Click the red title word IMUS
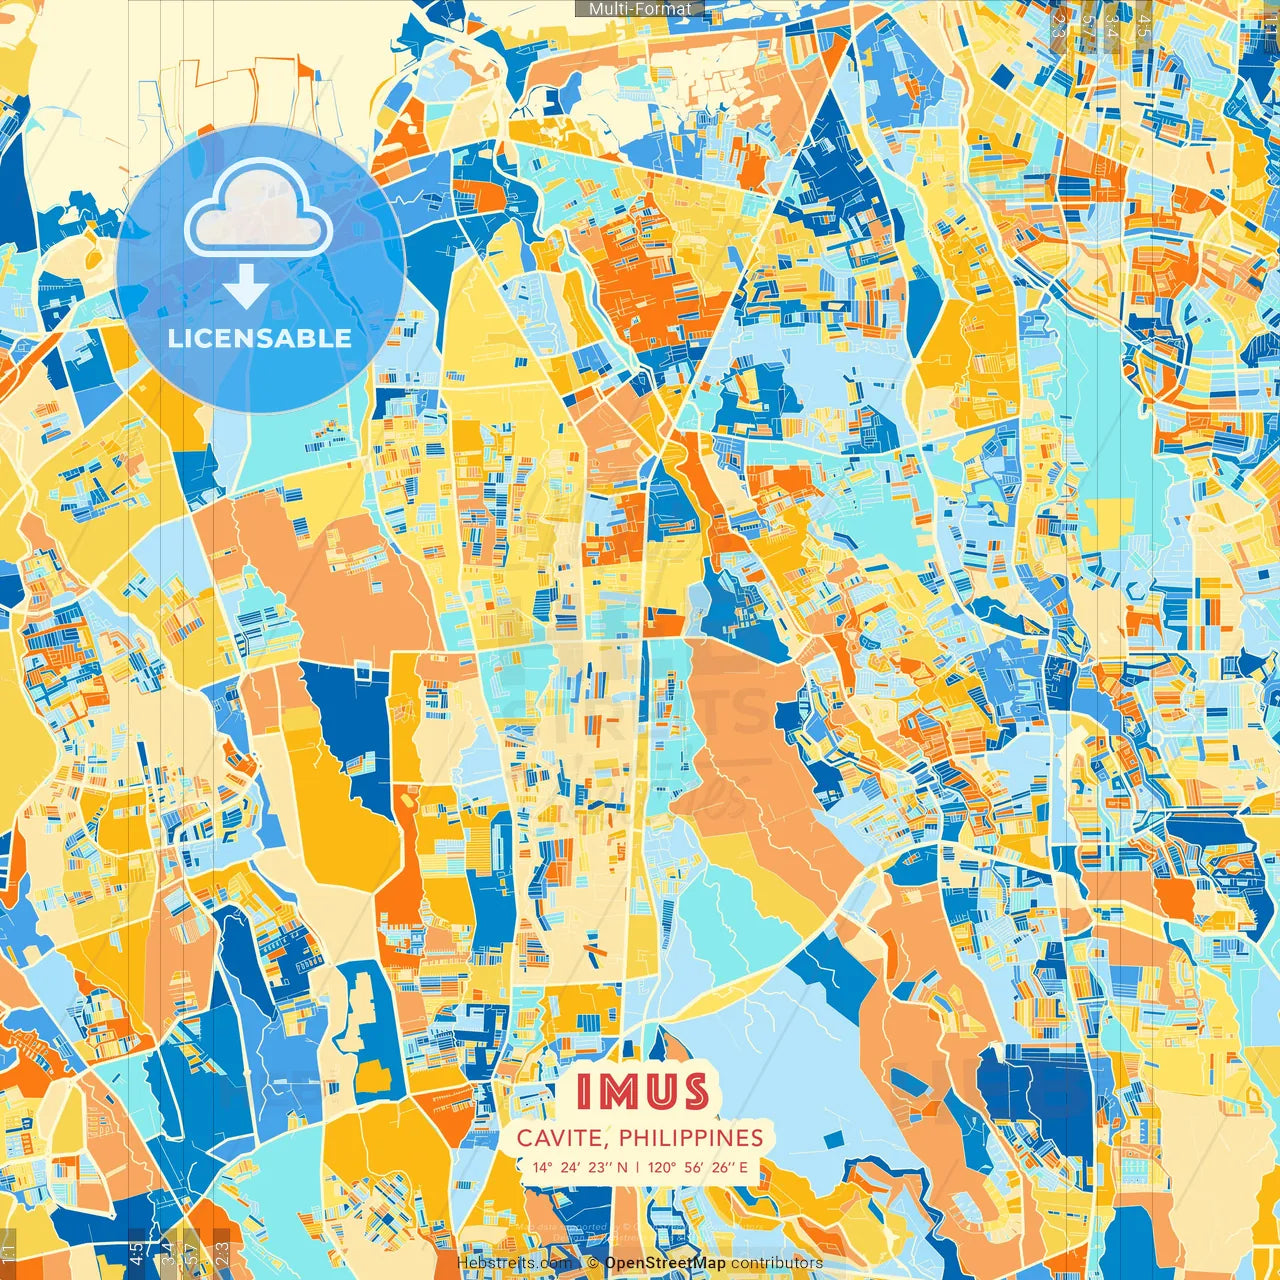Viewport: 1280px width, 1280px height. pyautogui.click(x=642, y=1092)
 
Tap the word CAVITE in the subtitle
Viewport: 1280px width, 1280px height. pyautogui.click(x=560, y=1138)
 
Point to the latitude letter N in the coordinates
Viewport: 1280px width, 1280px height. pyautogui.click(x=623, y=1167)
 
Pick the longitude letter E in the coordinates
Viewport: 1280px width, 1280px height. pyautogui.click(x=742, y=1167)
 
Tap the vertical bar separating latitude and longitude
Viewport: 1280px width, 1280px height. pyautogui.click(x=638, y=1167)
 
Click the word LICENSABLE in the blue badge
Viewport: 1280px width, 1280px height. pyautogui.click(x=260, y=338)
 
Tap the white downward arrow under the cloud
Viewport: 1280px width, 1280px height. pyautogui.click(x=246, y=290)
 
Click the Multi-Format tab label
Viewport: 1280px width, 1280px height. pyautogui.click(x=640, y=9)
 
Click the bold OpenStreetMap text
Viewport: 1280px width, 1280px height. pyautogui.click(x=665, y=1263)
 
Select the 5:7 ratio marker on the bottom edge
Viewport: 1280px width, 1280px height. pyautogui.click(x=191, y=1252)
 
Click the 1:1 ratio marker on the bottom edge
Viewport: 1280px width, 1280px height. pyautogui.click(x=8, y=1252)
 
